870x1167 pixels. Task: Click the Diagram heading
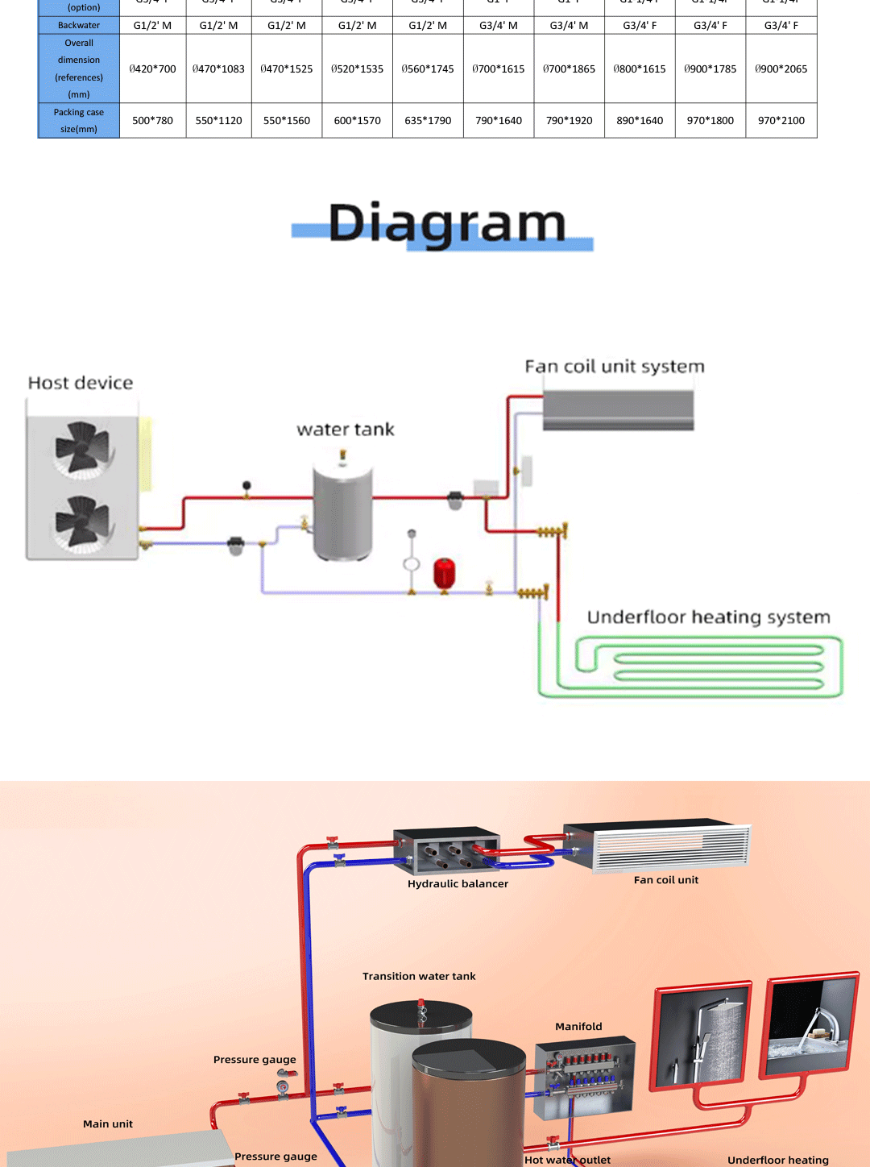pyautogui.click(x=447, y=224)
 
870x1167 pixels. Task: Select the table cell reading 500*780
pyautogui.click(x=152, y=121)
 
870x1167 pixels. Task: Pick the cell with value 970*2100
pyautogui.click(x=781, y=121)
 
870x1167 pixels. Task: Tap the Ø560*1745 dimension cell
pyautogui.click(x=428, y=69)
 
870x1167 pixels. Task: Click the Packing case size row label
pyautogui.click(x=79, y=121)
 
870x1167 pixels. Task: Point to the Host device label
pyautogui.click(x=81, y=383)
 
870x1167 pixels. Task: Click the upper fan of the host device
pyautogui.click(x=82, y=447)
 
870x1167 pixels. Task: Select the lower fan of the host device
pyautogui.click(x=82, y=521)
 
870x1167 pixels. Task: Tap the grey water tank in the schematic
pyautogui.click(x=342, y=512)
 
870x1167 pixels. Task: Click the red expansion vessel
pyautogui.click(x=444, y=573)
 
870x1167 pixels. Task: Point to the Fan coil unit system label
pyautogui.click(x=615, y=367)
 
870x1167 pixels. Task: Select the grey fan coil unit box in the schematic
pyautogui.click(x=618, y=411)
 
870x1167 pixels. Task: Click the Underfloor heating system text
pyautogui.click(x=708, y=617)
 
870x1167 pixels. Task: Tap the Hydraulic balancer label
pyautogui.click(x=458, y=884)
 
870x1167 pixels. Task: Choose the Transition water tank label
pyautogui.click(x=419, y=977)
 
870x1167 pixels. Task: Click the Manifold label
pyautogui.click(x=578, y=1027)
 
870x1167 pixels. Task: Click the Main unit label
pyautogui.click(x=108, y=1124)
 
